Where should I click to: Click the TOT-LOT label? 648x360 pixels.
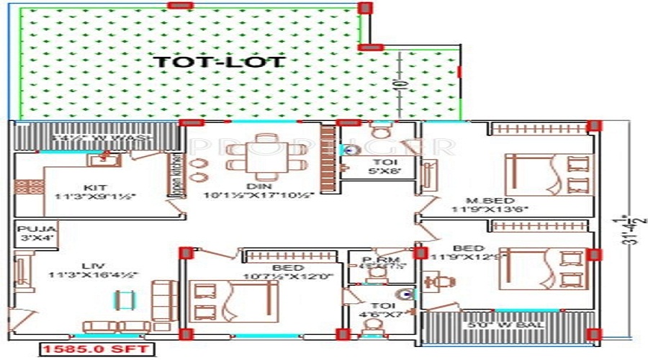[220, 62]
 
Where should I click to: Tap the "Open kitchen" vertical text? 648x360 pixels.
[174, 177]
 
